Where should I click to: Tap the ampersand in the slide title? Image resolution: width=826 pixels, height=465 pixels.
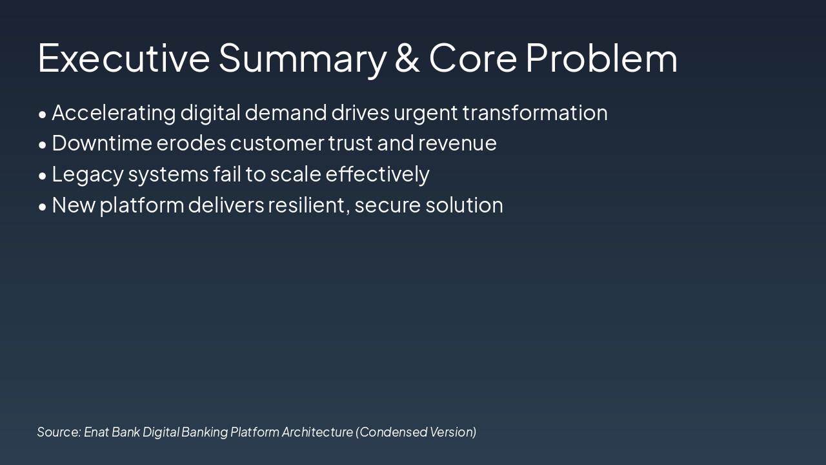tap(407, 57)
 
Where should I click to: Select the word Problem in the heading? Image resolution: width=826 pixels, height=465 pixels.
tap(601, 57)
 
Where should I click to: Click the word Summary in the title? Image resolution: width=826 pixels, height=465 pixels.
tap(302, 57)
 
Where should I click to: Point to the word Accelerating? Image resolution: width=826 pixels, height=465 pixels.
tap(114, 112)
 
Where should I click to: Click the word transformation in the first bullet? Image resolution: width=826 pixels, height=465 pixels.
tap(535, 112)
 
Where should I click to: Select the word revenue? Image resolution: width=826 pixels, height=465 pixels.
tap(458, 143)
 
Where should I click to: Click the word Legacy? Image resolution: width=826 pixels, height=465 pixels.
tap(87, 174)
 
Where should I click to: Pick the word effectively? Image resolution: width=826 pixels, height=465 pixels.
tap(378, 174)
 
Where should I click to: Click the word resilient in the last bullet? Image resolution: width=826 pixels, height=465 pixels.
tap(308, 205)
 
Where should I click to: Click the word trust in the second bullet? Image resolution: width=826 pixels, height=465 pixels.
tap(350, 143)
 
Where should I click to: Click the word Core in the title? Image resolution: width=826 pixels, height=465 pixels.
tap(473, 57)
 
